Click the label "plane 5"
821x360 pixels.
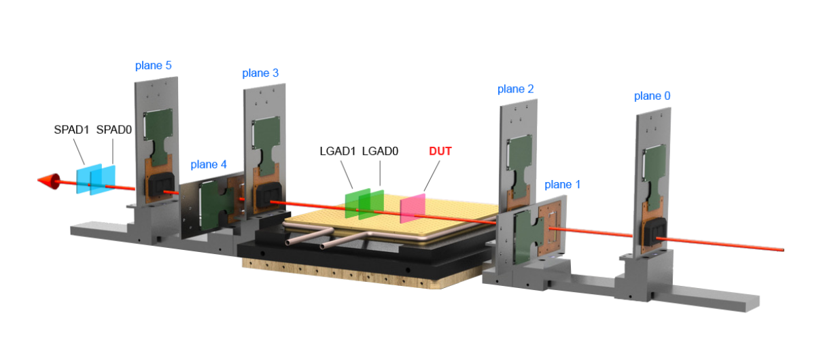click(154, 66)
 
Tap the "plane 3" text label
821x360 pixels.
click(260, 73)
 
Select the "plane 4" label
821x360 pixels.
click(209, 164)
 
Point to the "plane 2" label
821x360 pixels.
click(515, 89)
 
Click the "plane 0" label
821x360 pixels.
click(652, 96)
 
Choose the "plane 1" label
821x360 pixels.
click(563, 184)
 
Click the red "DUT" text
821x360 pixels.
click(440, 151)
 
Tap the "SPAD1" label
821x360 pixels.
click(72, 128)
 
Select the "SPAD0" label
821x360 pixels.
click(114, 128)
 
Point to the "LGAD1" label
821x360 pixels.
click(338, 151)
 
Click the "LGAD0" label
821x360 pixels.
click(380, 151)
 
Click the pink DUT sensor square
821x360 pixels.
click(413, 207)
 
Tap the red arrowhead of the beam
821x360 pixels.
click(48, 181)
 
